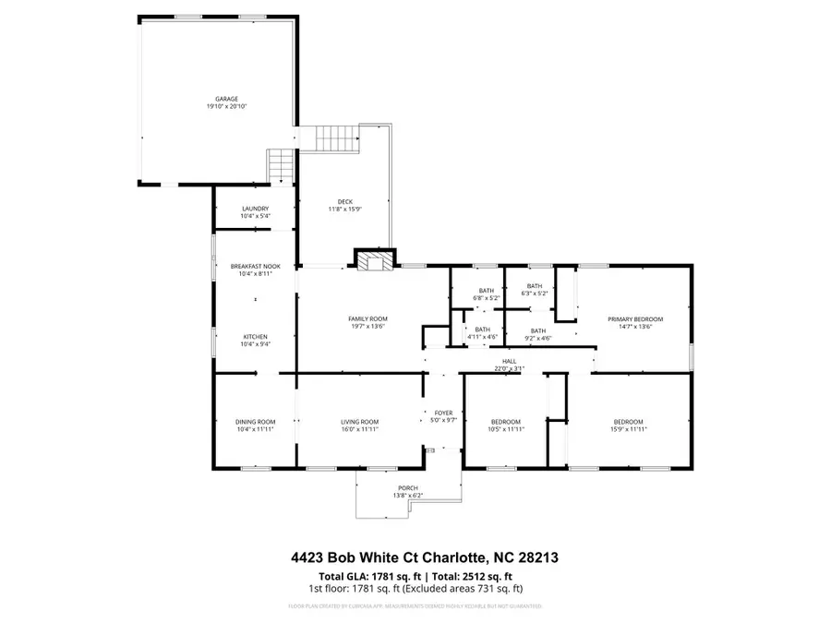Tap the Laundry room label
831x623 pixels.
(x=255, y=209)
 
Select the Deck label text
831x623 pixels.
(x=345, y=202)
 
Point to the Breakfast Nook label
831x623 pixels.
(x=255, y=267)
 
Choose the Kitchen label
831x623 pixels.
(x=255, y=336)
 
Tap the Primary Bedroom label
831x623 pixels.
(x=634, y=319)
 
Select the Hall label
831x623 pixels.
(x=509, y=361)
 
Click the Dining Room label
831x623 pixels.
(x=255, y=422)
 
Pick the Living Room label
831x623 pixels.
(x=360, y=422)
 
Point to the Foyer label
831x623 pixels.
(x=443, y=413)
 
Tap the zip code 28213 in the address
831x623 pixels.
(x=536, y=557)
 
